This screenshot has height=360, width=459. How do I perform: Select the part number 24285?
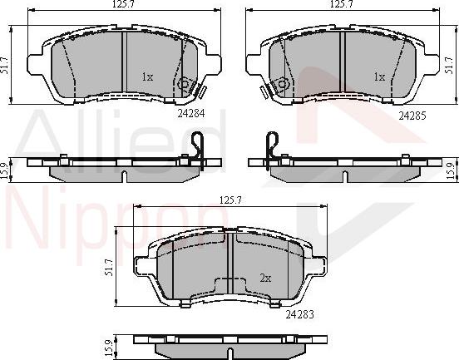(x=412, y=115)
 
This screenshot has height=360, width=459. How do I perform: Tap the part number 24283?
(x=300, y=315)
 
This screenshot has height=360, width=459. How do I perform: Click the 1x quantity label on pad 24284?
(x=148, y=76)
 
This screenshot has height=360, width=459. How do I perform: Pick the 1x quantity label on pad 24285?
(x=378, y=76)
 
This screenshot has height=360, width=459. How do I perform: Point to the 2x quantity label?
(x=264, y=278)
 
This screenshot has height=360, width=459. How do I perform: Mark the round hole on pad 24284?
(x=185, y=83)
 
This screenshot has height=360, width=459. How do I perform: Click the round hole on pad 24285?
(x=283, y=83)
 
